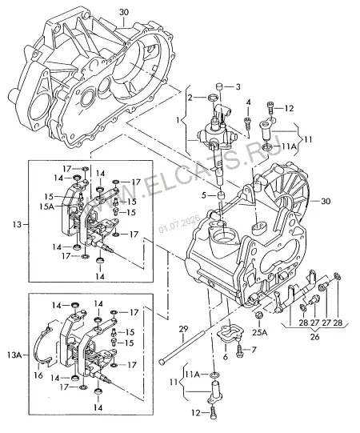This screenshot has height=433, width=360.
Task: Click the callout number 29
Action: (183, 329)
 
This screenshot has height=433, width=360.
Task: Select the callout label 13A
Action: (14, 355)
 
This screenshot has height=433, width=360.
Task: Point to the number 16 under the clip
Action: (38, 375)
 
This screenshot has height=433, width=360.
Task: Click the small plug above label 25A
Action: (259, 315)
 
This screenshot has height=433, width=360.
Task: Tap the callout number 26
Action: (314, 337)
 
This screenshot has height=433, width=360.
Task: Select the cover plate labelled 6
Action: (229, 334)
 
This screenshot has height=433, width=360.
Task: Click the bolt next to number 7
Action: (239, 350)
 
